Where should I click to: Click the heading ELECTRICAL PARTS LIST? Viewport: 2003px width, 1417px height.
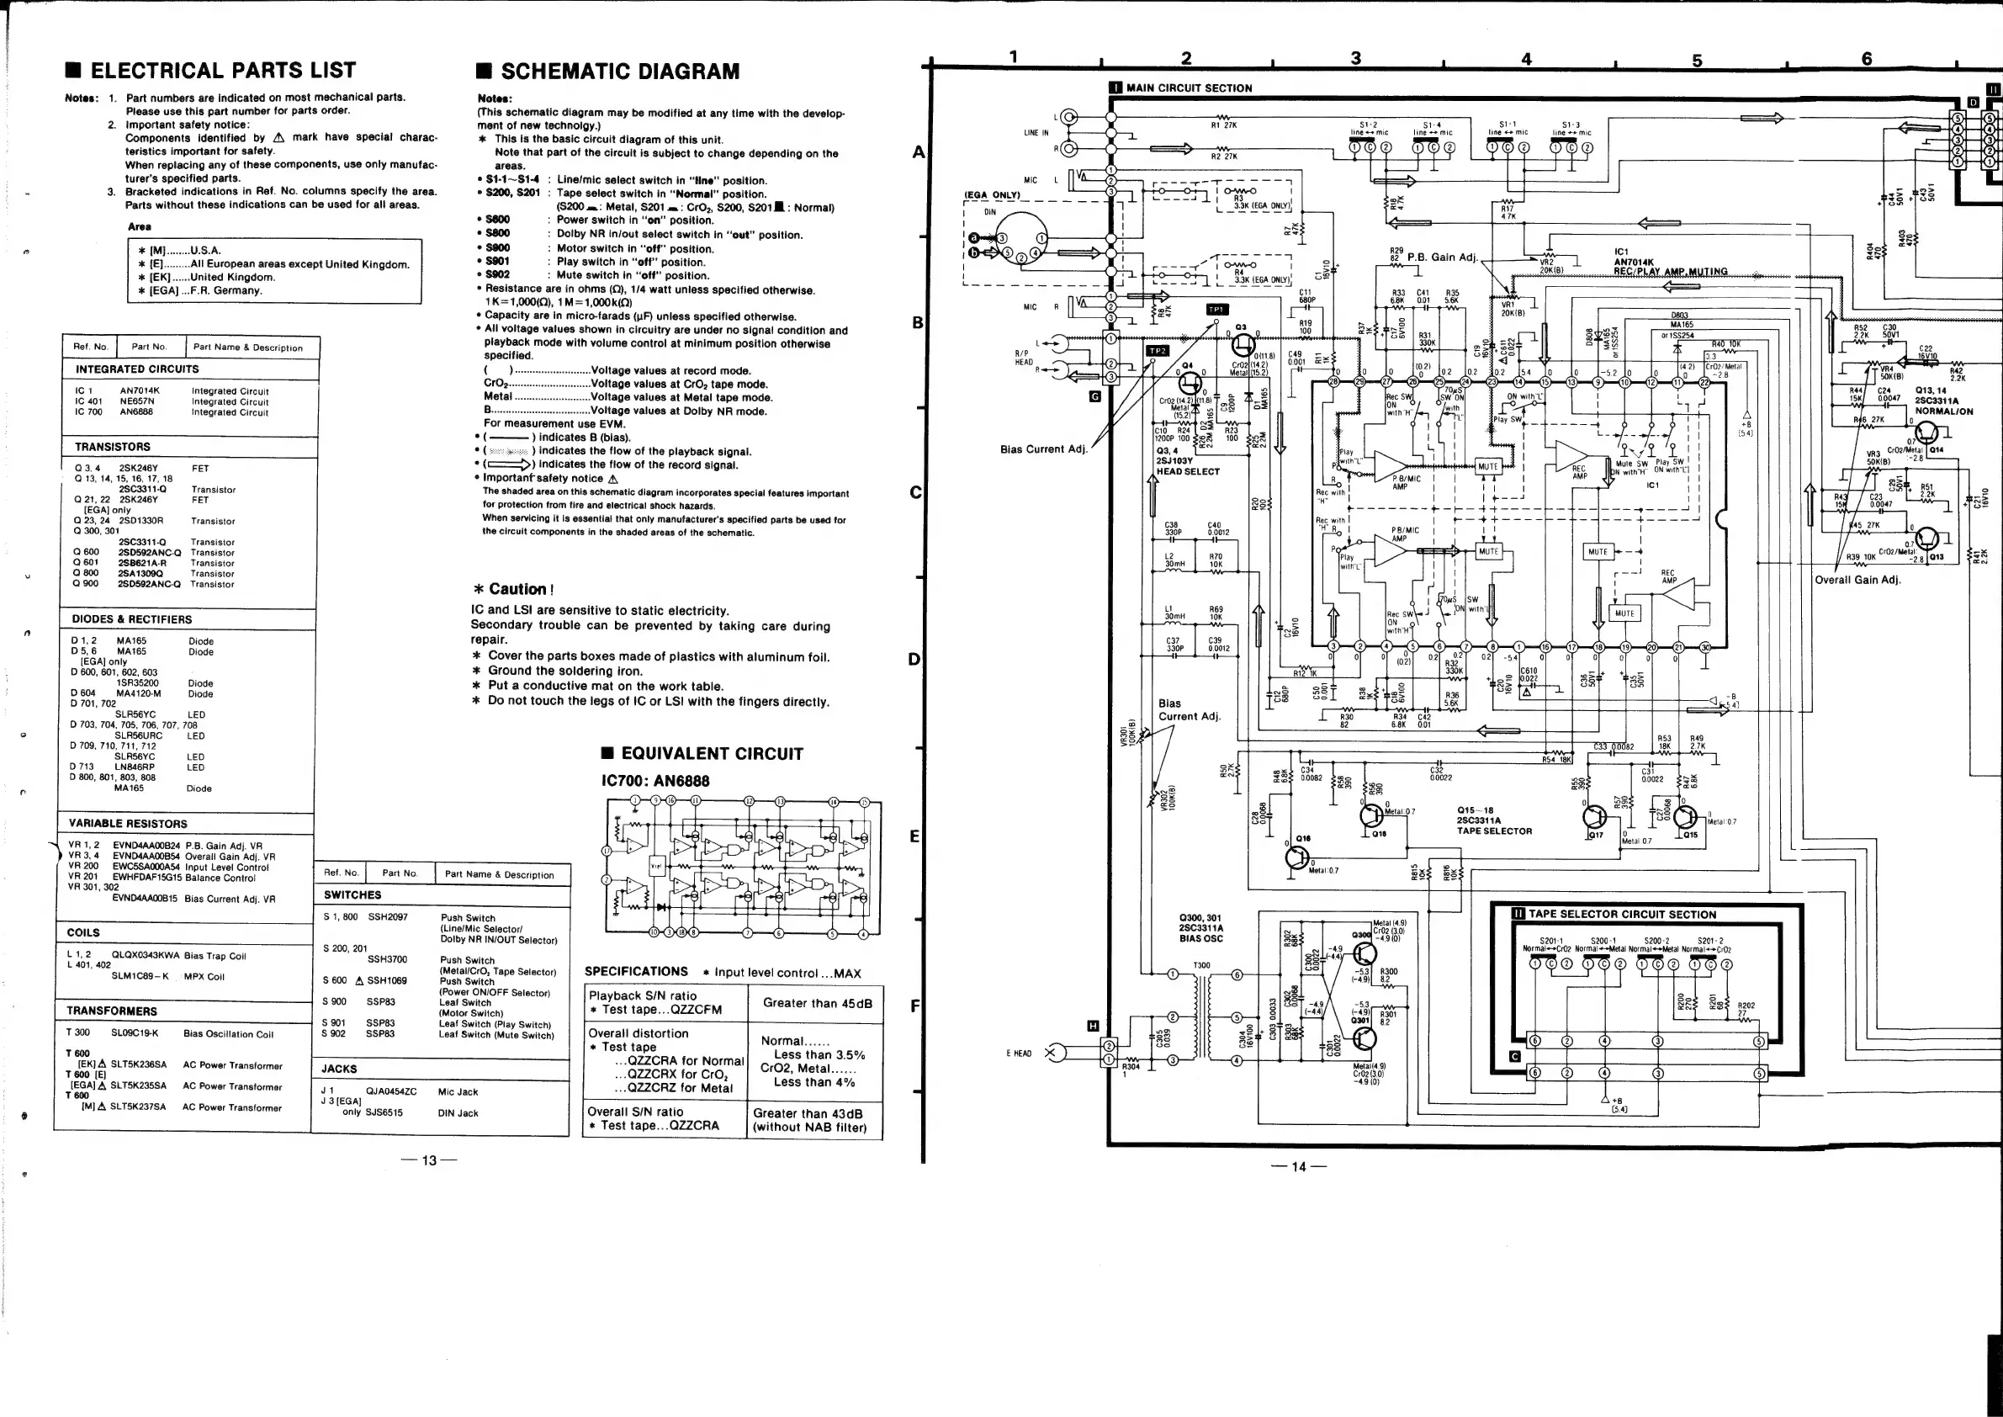click(x=222, y=70)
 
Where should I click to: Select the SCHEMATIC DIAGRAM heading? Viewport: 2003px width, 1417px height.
click(x=619, y=72)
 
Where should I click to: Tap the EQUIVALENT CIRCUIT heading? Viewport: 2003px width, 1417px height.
click(x=711, y=754)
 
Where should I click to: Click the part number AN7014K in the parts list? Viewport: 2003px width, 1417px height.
click(x=140, y=391)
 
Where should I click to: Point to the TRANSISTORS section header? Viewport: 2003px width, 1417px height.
click(x=113, y=447)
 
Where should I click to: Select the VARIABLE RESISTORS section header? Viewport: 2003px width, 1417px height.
click(x=128, y=824)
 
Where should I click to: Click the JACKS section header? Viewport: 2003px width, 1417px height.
click(x=339, y=1069)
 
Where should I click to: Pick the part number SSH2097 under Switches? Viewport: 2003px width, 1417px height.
click(x=387, y=917)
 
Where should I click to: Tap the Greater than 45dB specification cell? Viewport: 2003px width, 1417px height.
click(x=817, y=1002)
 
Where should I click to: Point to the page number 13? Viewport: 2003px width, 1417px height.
click(x=428, y=1160)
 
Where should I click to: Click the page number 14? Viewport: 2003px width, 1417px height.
click(x=1298, y=1166)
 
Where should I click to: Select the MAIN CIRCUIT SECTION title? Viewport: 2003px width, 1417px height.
click(x=1188, y=88)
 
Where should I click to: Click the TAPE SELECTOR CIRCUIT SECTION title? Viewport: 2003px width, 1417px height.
click(x=1622, y=915)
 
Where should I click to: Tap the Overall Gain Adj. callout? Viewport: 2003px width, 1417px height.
click(x=1857, y=580)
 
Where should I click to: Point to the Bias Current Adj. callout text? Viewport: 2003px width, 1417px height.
click(x=1043, y=449)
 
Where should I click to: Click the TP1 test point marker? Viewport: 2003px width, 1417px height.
click(x=1216, y=310)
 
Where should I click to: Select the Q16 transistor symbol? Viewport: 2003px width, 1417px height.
click(x=1299, y=857)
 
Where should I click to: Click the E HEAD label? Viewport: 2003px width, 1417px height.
click(x=1018, y=1054)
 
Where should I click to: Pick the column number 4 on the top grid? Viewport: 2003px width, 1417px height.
click(x=1526, y=58)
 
